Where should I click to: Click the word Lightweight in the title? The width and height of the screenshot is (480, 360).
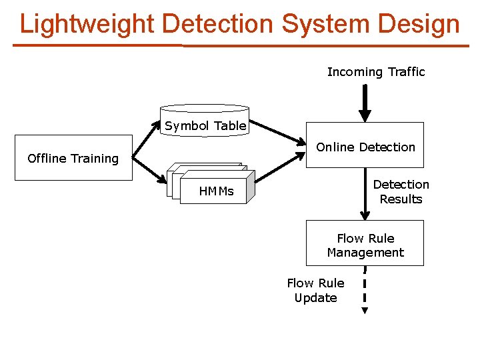coord(87,24)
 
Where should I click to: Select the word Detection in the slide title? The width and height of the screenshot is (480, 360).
coord(217,24)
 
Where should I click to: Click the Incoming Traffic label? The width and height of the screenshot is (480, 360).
coord(375,72)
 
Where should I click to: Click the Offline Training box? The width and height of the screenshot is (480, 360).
coord(73,158)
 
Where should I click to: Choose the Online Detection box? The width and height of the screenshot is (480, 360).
coord(365,148)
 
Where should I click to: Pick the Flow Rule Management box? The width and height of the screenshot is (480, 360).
coord(365,245)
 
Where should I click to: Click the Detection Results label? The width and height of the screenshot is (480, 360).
coord(401,191)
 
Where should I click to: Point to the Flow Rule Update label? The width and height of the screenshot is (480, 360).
coord(315,291)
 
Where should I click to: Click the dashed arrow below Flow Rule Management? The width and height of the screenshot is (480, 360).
coord(365,290)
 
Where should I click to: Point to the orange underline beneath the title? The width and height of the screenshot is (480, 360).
coord(240,45)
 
